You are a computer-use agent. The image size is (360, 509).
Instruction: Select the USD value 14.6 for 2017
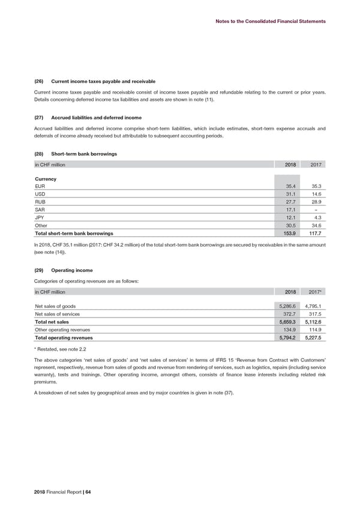tap(316, 197)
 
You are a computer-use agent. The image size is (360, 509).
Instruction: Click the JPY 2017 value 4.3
tap(318, 224)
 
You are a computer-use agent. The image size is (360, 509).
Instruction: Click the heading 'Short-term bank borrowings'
tap(85, 154)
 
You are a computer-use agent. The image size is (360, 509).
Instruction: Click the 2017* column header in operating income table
tap(316, 292)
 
